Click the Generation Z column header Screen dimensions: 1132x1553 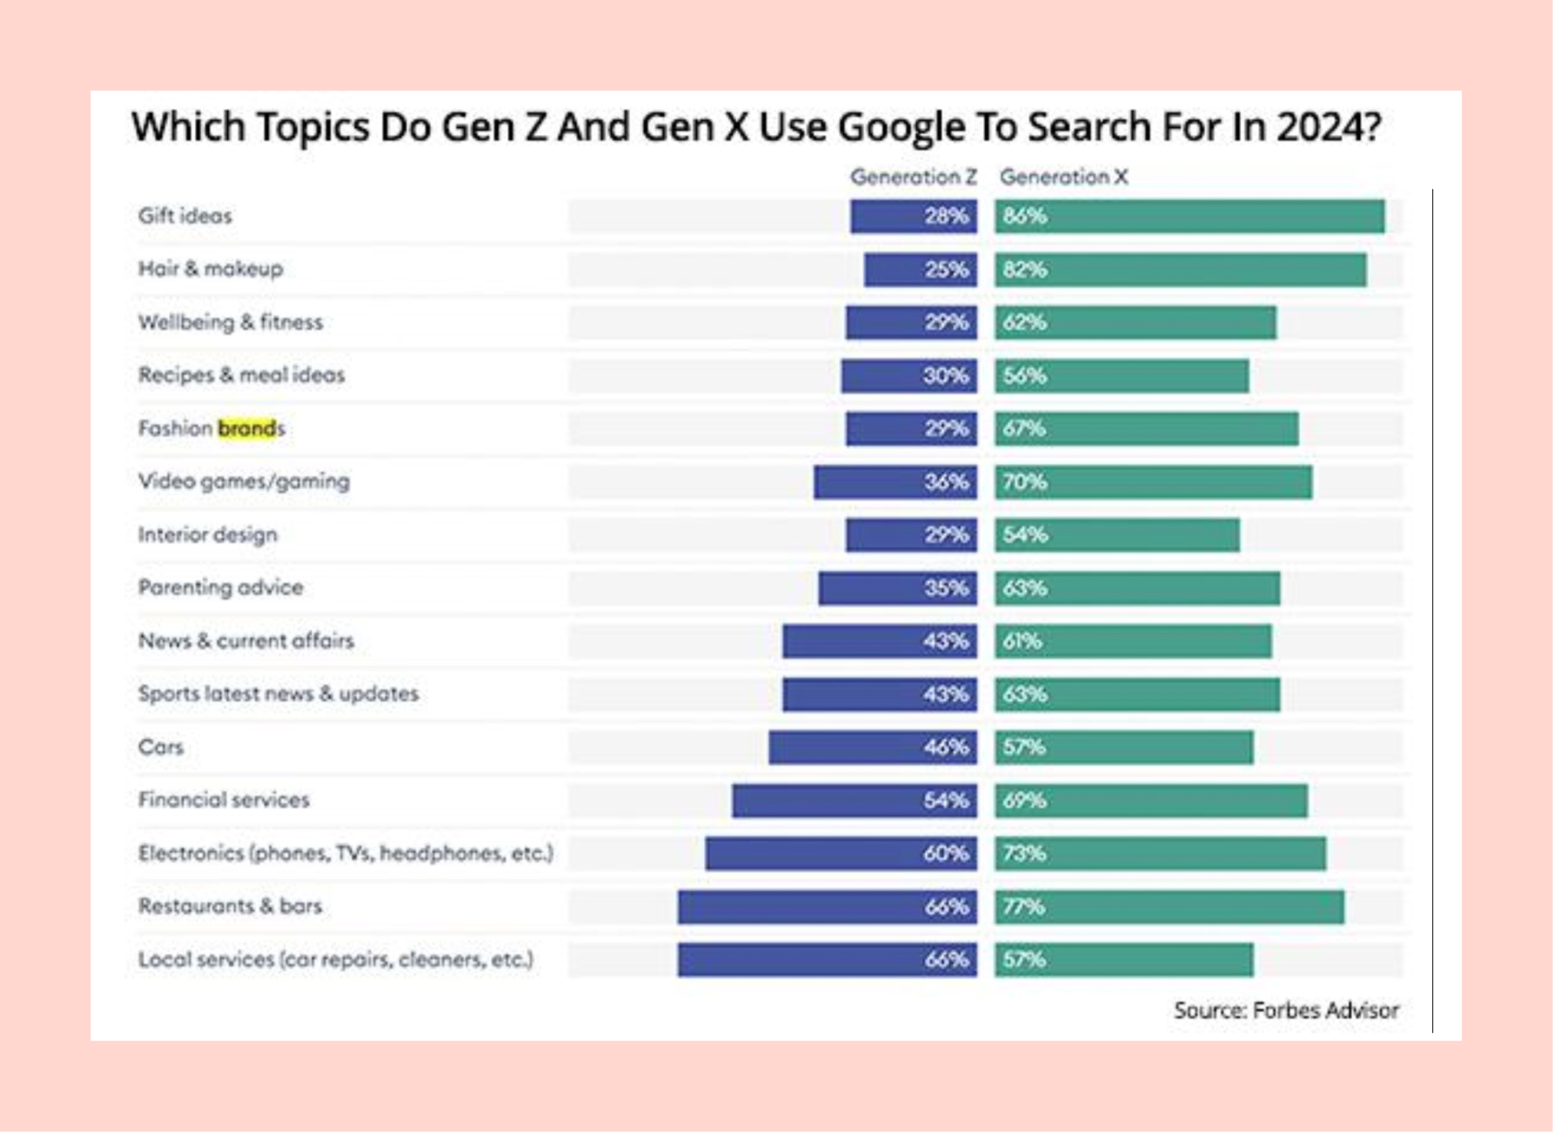tap(913, 178)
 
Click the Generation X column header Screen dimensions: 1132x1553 tap(1063, 178)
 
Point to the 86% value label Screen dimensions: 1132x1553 tap(1024, 217)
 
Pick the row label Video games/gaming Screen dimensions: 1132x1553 tap(244, 482)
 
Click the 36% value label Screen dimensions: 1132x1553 tap(946, 482)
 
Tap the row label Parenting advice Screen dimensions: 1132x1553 tap(220, 588)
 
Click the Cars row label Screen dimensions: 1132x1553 tap(161, 747)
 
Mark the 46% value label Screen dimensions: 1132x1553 tap(946, 747)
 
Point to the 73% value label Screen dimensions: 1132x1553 tap(1024, 854)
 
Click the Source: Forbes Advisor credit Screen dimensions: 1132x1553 tap(1286, 1011)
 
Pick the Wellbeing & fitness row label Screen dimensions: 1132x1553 tap(231, 323)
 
